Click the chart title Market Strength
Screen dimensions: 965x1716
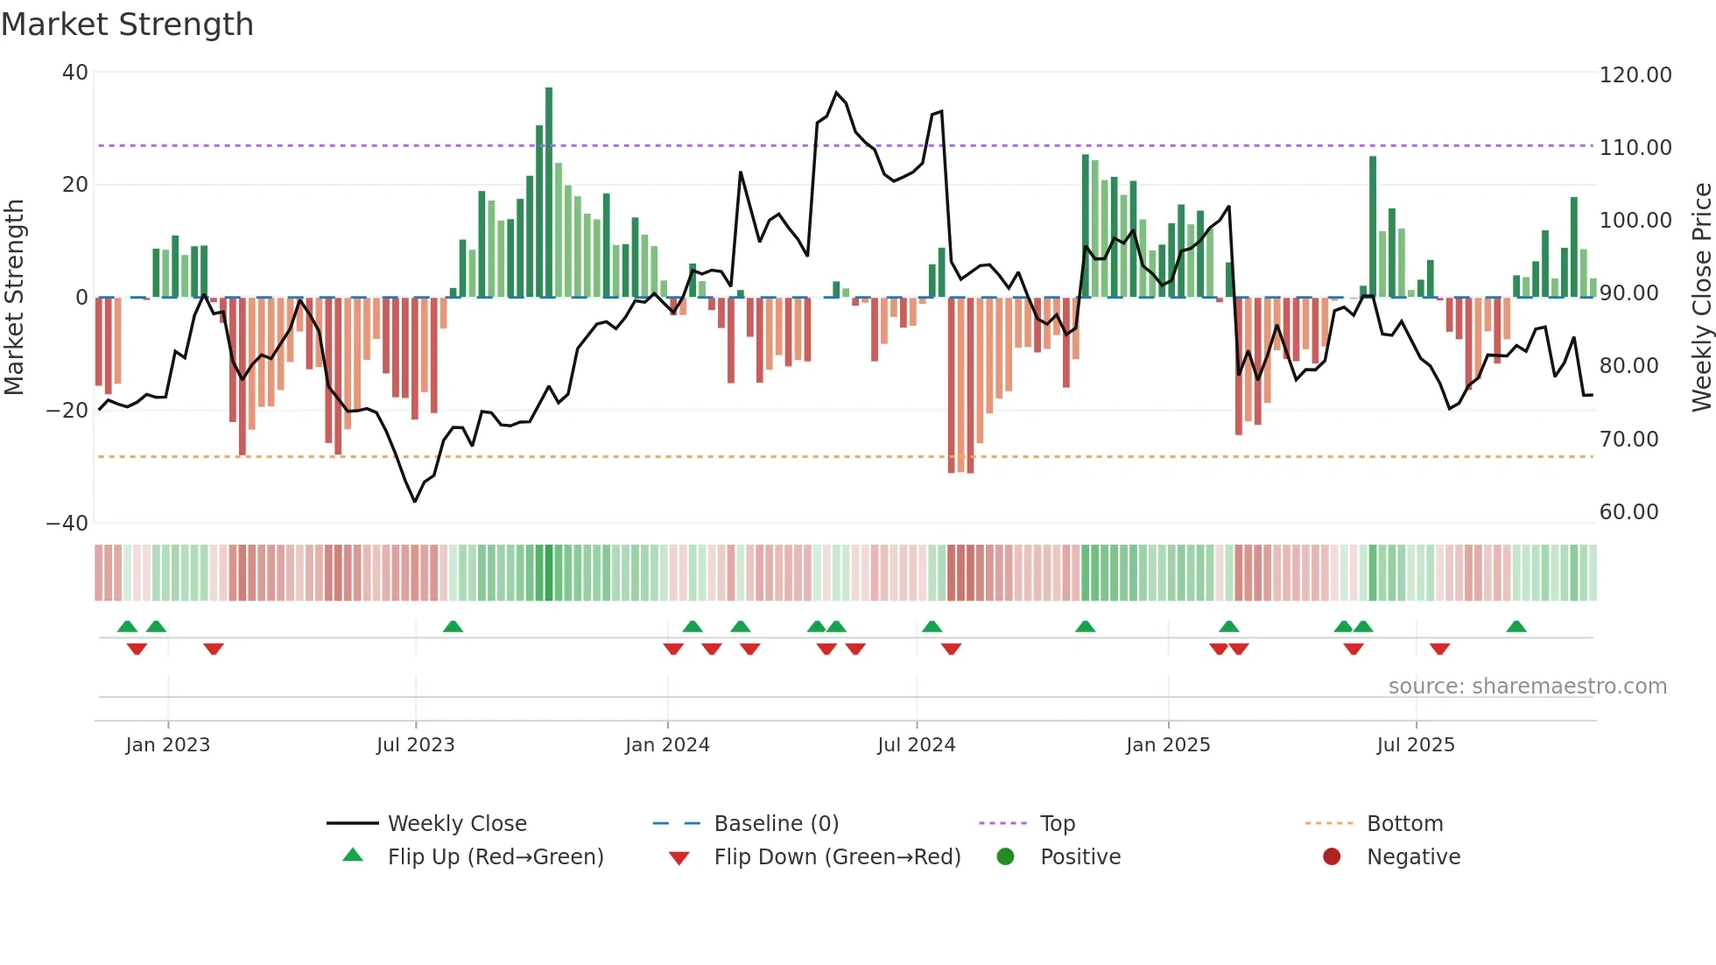point(127,24)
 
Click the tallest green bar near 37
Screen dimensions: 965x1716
point(549,193)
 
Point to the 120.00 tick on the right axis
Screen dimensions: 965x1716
point(1635,75)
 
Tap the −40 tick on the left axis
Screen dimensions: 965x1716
point(67,524)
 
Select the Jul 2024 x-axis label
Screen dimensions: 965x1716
point(916,745)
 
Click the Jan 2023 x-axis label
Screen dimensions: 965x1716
point(167,745)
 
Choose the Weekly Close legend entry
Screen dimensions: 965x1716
point(456,824)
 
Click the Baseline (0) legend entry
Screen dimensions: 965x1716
point(776,824)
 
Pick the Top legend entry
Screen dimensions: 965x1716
point(1057,824)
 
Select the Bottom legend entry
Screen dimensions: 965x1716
point(1404,824)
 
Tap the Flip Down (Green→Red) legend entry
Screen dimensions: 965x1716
point(836,857)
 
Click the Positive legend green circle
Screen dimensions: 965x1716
point(1005,857)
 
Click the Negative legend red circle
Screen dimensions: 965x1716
point(1331,857)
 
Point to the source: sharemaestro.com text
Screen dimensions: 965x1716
point(1527,687)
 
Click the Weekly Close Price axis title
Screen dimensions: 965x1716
point(1701,298)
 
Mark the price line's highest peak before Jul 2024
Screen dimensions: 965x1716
point(837,93)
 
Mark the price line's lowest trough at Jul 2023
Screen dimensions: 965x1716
point(415,501)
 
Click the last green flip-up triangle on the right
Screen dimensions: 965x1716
point(1516,627)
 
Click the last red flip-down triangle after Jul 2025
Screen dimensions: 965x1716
point(1439,649)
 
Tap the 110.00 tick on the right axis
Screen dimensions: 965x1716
point(1635,148)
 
